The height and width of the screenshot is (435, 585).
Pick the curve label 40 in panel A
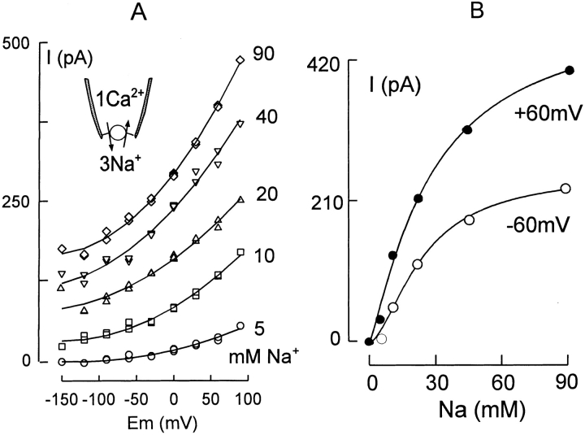[264, 116]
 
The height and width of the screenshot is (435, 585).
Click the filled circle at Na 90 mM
[570, 70]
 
